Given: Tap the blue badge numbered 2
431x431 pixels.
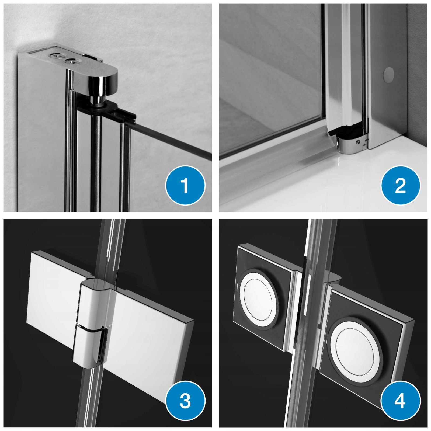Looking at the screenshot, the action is point(400,185).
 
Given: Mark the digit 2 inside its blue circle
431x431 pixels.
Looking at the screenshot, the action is point(400,185).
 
